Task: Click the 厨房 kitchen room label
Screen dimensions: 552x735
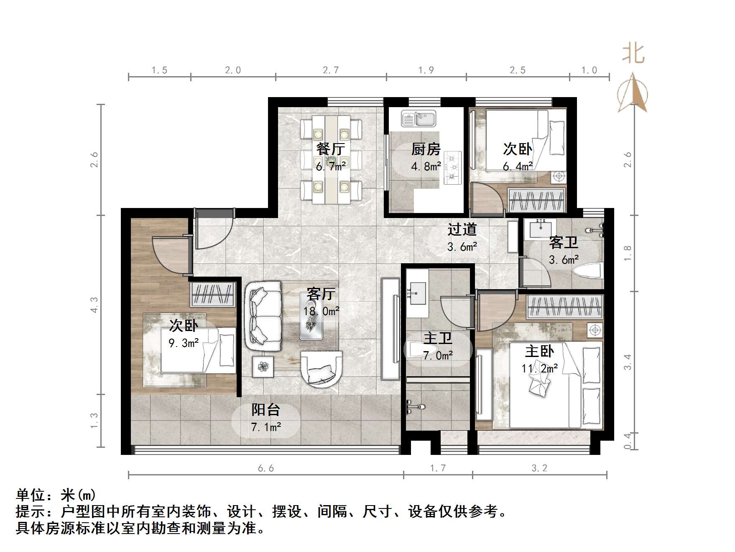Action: (426, 149)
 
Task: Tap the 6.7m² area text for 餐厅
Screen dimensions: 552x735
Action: (331, 167)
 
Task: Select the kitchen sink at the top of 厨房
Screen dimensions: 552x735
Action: (419, 118)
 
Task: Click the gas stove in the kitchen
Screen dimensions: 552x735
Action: (452, 168)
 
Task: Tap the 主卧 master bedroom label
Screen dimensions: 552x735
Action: (539, 351)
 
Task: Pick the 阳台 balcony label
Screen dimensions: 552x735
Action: (265, 410)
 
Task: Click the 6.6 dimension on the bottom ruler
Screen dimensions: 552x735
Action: (266, 468)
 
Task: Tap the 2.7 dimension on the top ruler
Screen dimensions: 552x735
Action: (331, 70)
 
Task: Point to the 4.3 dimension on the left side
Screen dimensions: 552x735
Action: (94, 305)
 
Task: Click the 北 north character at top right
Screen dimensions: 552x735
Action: (633, 54)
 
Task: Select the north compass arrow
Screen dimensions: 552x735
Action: (633, 93)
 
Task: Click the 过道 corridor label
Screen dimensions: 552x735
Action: (462, 229)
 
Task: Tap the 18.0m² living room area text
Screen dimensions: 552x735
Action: (321, 311)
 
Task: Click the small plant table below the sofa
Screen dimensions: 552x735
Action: (263, 367)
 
